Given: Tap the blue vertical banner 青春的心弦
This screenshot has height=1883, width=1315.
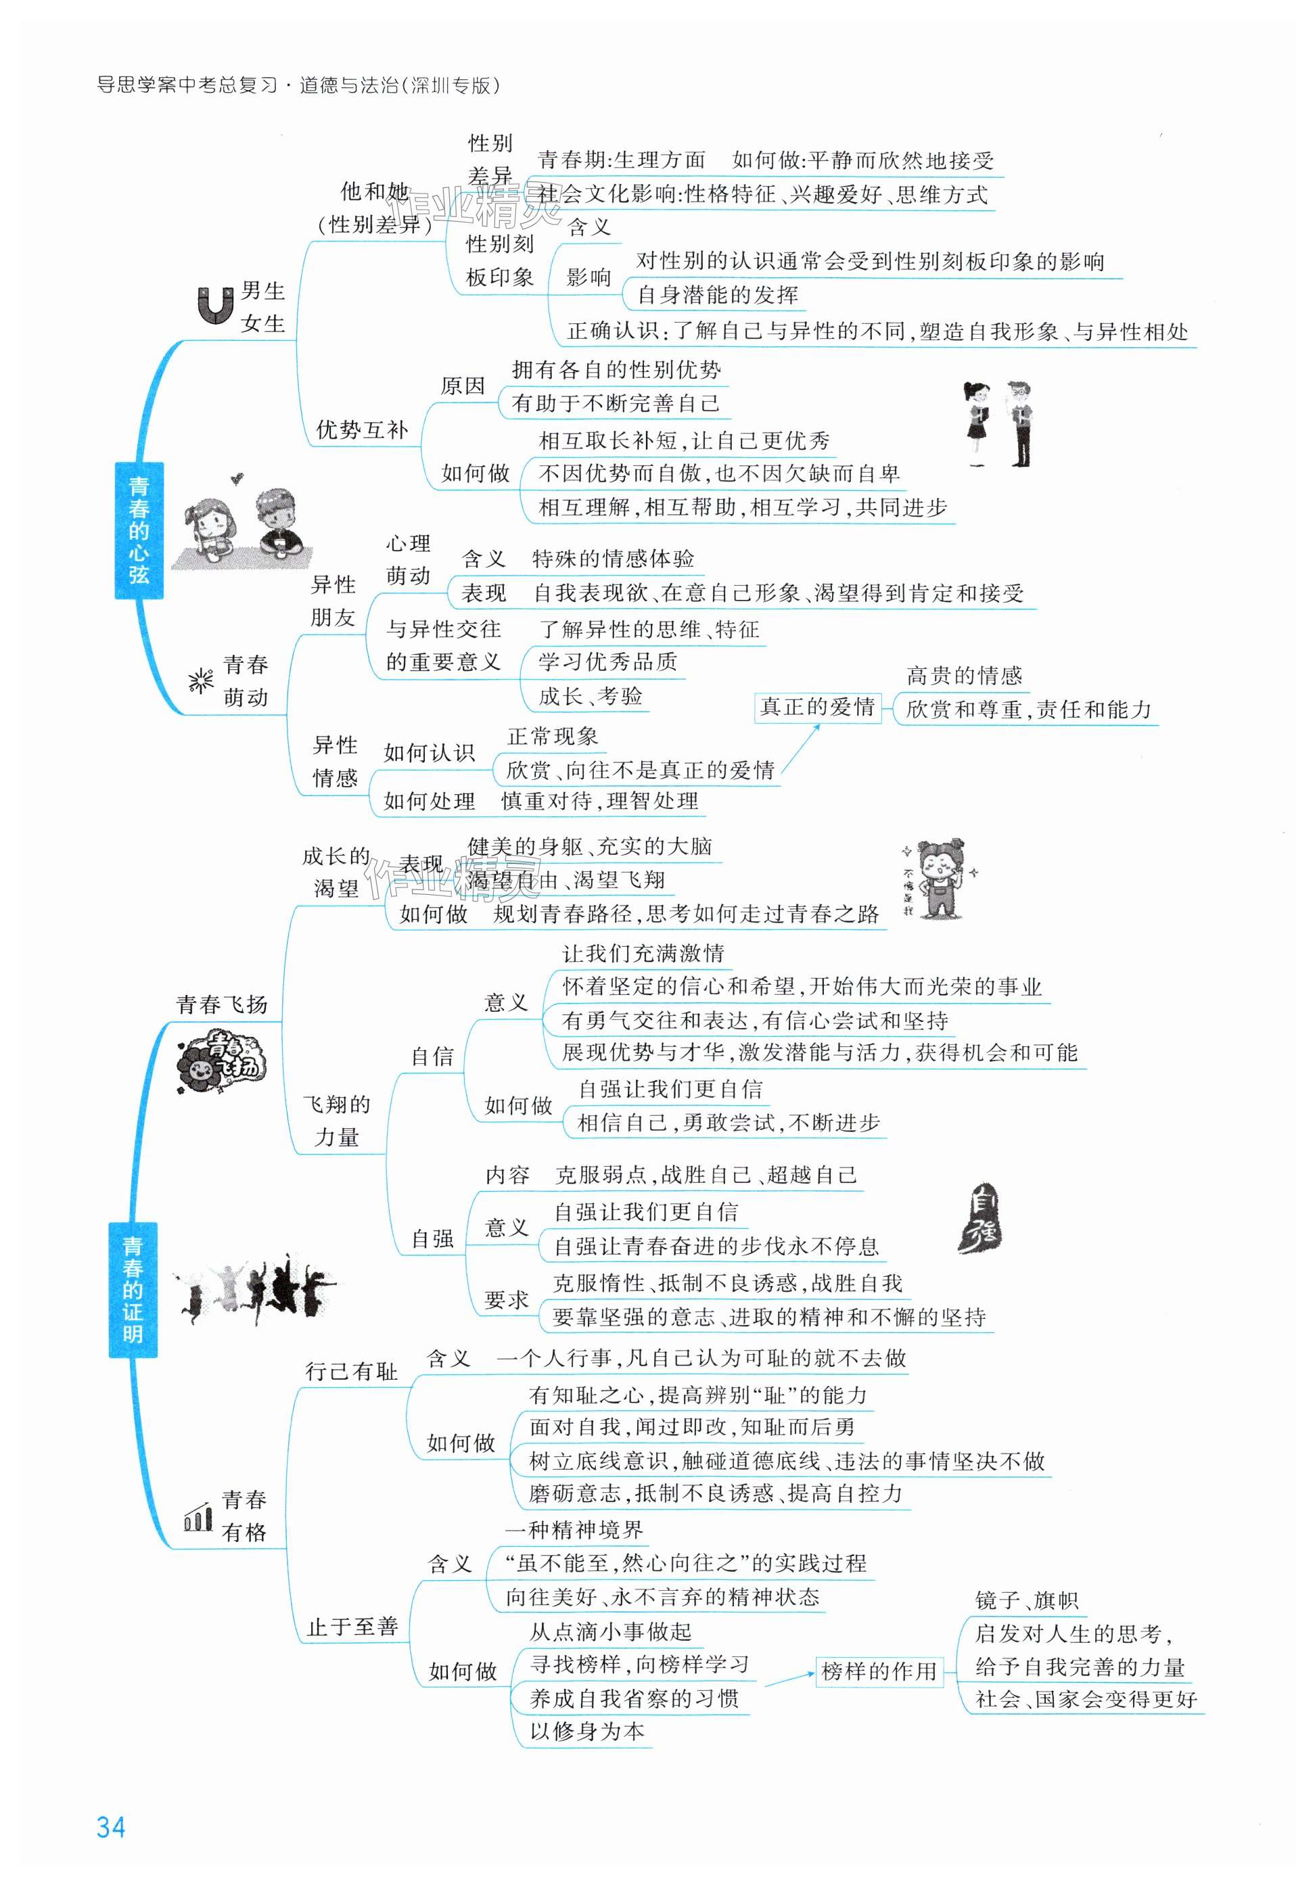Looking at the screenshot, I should tap(138, 530).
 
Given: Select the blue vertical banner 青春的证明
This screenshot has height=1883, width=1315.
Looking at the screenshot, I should tap(132, 1290).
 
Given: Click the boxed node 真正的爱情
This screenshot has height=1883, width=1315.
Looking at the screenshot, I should tap(816, 707).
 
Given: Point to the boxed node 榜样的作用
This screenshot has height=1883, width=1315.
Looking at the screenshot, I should tap(879, 1671).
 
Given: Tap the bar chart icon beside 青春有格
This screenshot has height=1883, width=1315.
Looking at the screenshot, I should tap(198, 1518).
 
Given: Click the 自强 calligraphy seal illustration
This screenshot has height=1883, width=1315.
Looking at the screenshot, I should tap(980, 1218).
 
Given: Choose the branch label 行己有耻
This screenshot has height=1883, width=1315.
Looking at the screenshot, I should tap(351, 1370).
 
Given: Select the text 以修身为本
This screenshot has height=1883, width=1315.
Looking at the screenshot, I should tap(587, 1731).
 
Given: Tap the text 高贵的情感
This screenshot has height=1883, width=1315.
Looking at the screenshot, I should tap(964, 676).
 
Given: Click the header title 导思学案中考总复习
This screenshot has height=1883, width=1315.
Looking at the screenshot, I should tap(188, 85).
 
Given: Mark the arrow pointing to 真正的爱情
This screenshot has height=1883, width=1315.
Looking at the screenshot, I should tap(801, 748).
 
